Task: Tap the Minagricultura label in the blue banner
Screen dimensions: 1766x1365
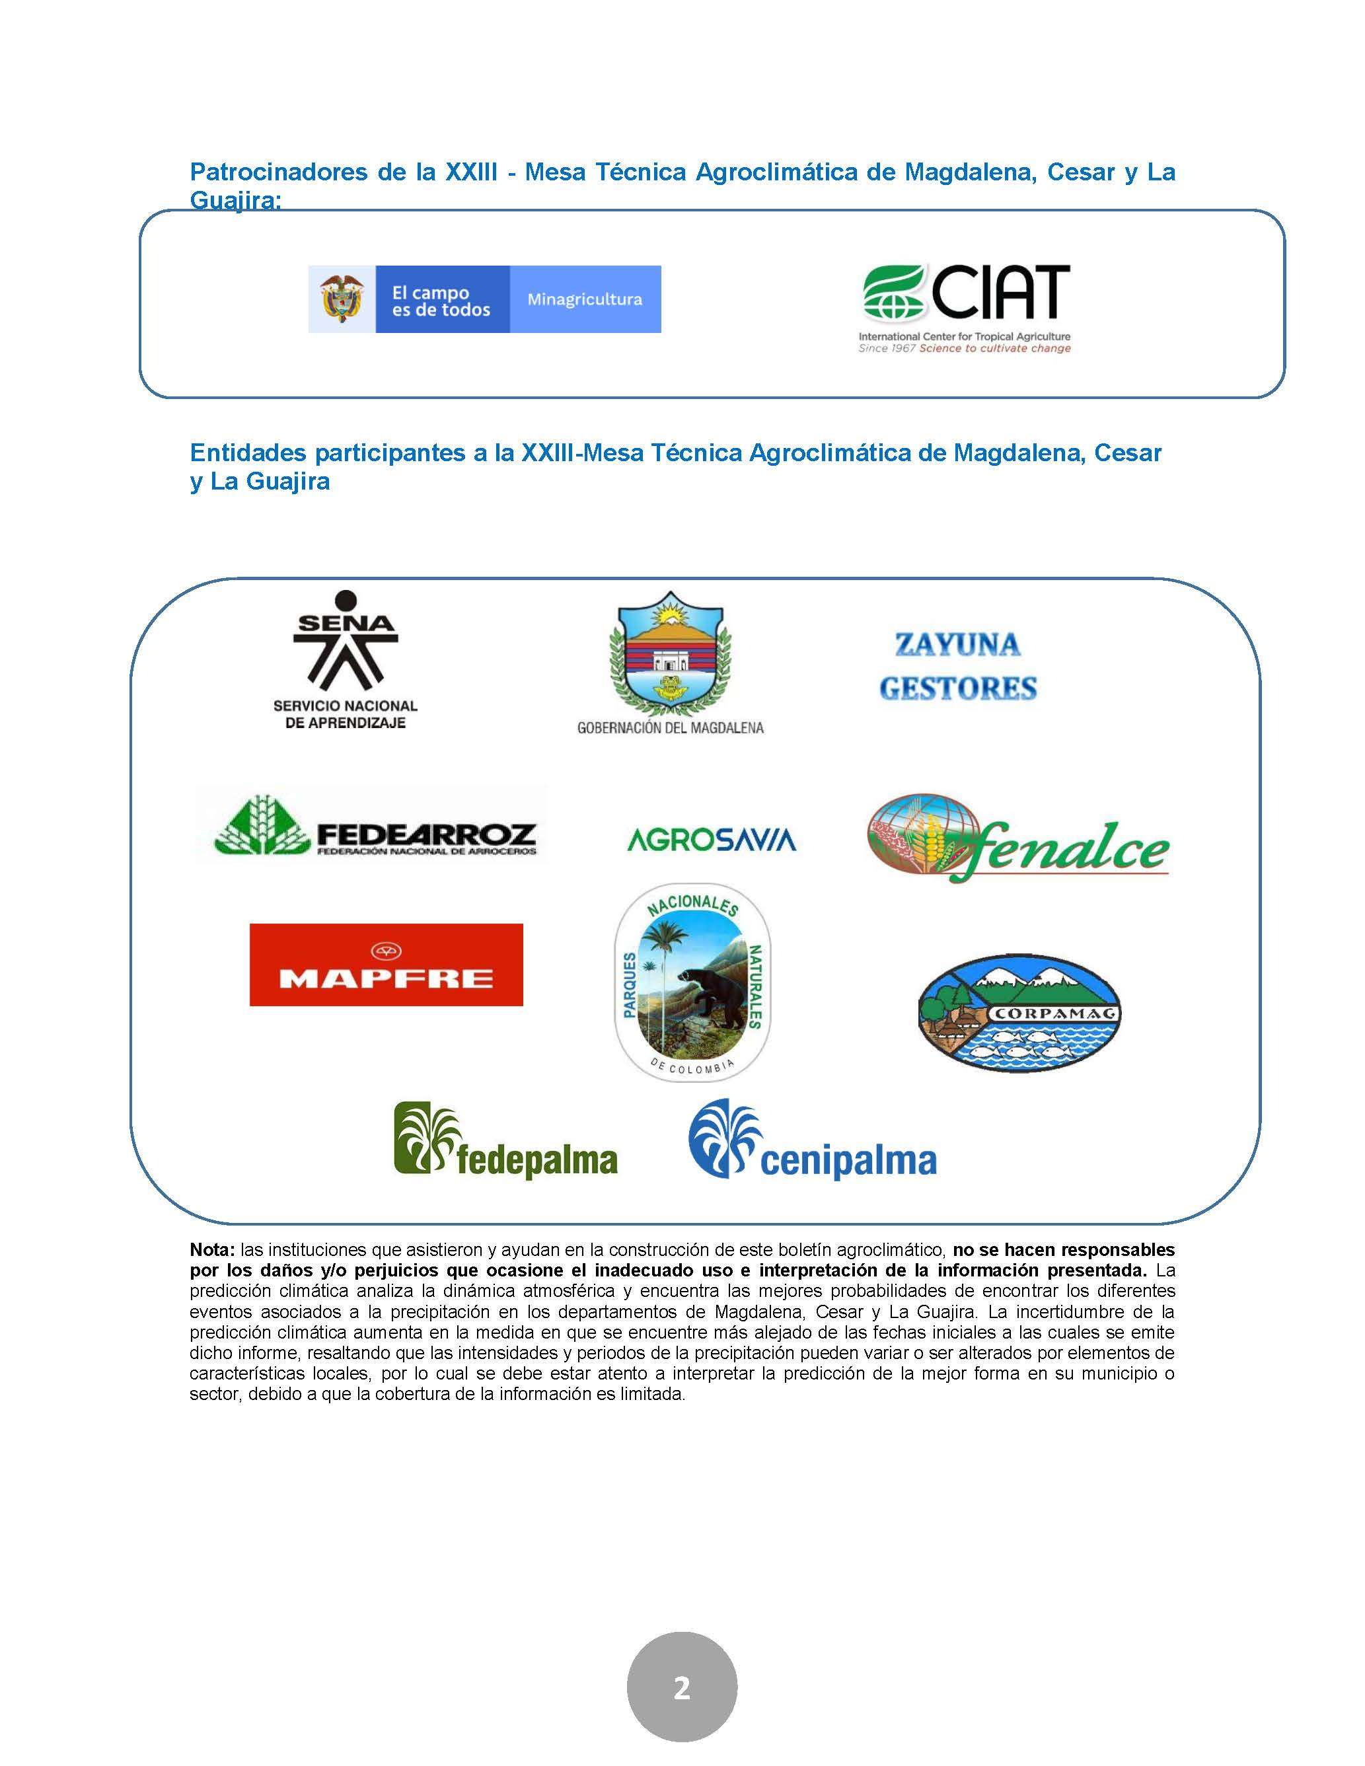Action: pos(584,299)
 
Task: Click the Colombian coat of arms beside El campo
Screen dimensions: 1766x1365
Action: pos(341,299)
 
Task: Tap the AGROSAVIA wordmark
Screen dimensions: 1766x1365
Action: pos(712,839)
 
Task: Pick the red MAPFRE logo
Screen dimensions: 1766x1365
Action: pos(386,965)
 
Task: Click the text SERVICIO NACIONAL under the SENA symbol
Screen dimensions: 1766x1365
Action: pos(346,706)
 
